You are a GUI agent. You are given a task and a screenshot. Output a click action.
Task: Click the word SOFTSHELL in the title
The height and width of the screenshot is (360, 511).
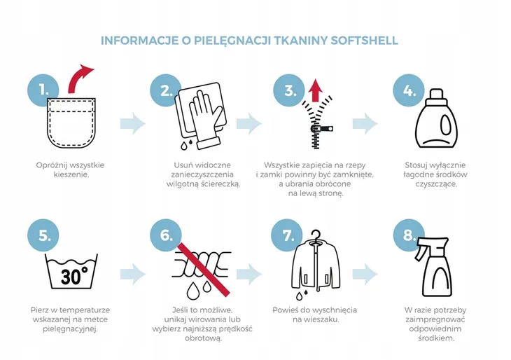[x=364, y=41]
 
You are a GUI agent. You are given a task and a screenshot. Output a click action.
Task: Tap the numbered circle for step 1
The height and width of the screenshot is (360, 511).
[x=43, y=90]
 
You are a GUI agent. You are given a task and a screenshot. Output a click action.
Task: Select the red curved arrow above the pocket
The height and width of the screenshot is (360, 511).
[x=80, y=78]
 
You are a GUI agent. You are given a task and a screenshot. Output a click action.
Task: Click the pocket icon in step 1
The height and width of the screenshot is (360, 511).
[x=71, y=123]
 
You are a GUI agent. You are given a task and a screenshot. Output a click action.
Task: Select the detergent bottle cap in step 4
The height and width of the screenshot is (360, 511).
[x=436, y=95]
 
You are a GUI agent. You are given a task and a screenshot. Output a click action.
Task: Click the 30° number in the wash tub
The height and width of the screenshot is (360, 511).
[x=73, y=275]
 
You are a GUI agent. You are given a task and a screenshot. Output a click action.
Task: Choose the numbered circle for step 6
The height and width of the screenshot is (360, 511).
[x=166, y=235]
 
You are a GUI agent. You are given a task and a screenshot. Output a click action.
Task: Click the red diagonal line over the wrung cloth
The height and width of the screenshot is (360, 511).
[x=203, y=269]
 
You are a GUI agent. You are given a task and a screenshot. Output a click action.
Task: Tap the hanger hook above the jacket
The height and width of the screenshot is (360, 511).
[x=316, y=235]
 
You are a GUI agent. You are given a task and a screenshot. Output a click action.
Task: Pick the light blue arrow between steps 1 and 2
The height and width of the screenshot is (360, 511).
[x=132, y=123]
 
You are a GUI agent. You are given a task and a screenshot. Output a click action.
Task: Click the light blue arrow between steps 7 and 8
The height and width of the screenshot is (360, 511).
[x=365, y=275]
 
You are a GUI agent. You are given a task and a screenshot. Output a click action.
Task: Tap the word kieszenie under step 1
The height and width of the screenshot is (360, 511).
[x=71, y=174]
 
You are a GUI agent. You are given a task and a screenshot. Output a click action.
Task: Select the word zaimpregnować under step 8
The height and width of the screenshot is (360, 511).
[x=435, y=319]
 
